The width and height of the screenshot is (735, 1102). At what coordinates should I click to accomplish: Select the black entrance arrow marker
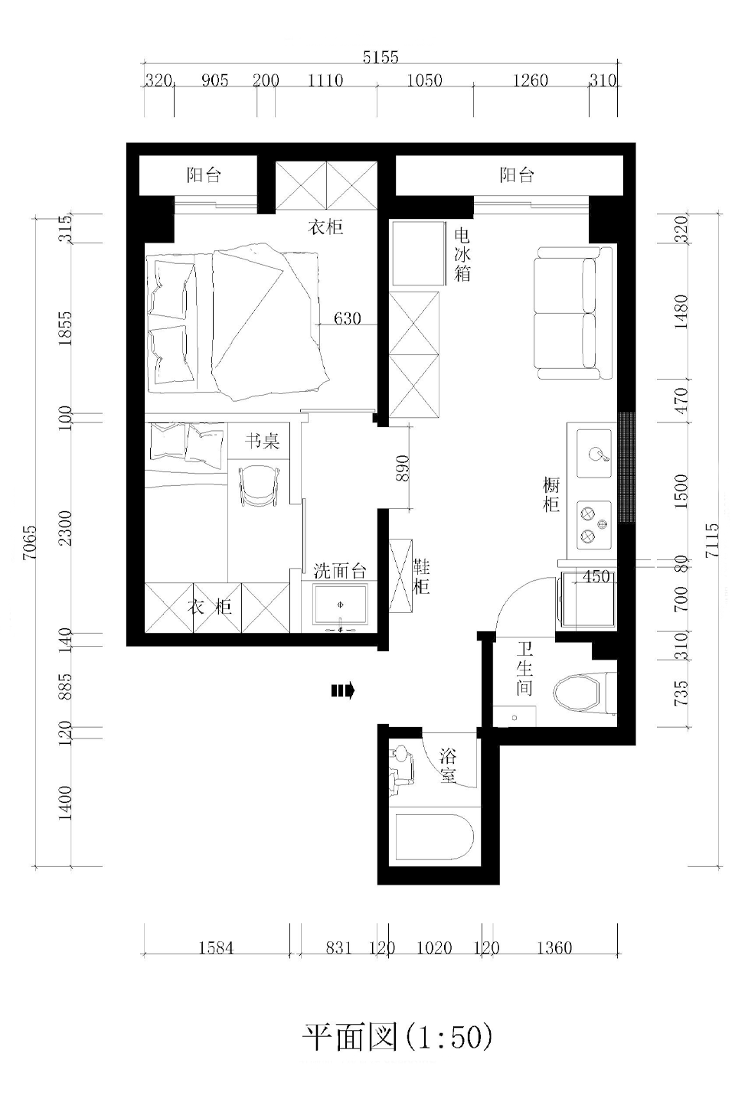pyautogui.click(x=343, y=691)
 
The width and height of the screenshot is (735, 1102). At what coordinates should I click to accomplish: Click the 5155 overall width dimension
pyautogui.click(x=380, y=57)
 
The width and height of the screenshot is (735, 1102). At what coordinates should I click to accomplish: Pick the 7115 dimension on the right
pyautogui.click(x=712, y=540)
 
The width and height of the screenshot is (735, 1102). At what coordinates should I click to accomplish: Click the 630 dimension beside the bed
pyautogui.click(x=347, y=318)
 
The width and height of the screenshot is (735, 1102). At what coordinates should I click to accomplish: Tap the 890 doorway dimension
pyautogui.click(x=402, y=468)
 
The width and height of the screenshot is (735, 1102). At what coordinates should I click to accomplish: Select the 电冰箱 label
pyautogui.click(x=462, y=255)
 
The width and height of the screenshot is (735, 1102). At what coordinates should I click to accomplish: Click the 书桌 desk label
pyautogui.click(x=263, y=441)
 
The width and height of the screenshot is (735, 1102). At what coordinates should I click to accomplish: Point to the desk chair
pyautogui.click(x=259, y=485)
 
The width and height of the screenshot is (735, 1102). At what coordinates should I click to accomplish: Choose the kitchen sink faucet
pyautogui.click(x=598, y=454)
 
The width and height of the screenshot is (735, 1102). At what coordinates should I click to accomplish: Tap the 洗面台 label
pyautogui.click(x=340, y=571)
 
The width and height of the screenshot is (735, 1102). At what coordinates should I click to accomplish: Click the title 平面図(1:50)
pyautogui.click(x=397, y=1036)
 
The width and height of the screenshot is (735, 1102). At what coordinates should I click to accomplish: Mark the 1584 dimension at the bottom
pyautogui.click(x=216, y=947)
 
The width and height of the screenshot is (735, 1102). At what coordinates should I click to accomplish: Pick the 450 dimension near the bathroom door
pyautogui.click(x=596, y=576)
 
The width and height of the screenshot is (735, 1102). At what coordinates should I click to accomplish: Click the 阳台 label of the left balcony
pyautogui.click(x=204, y=175)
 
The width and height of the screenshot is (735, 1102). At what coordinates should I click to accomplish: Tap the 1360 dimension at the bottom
pyautogui.click(x=554, y=947)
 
